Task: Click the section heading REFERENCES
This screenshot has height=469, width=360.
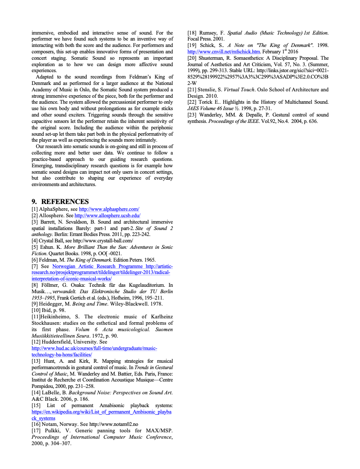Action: (65, 201)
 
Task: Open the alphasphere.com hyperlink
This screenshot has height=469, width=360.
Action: (109, 209)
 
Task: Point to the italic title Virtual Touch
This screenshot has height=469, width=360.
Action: (242, 90)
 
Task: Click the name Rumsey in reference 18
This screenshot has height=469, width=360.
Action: (208, 33)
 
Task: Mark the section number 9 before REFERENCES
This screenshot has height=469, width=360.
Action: (34, 201)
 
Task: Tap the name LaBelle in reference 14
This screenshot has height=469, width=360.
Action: (50, 393)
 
